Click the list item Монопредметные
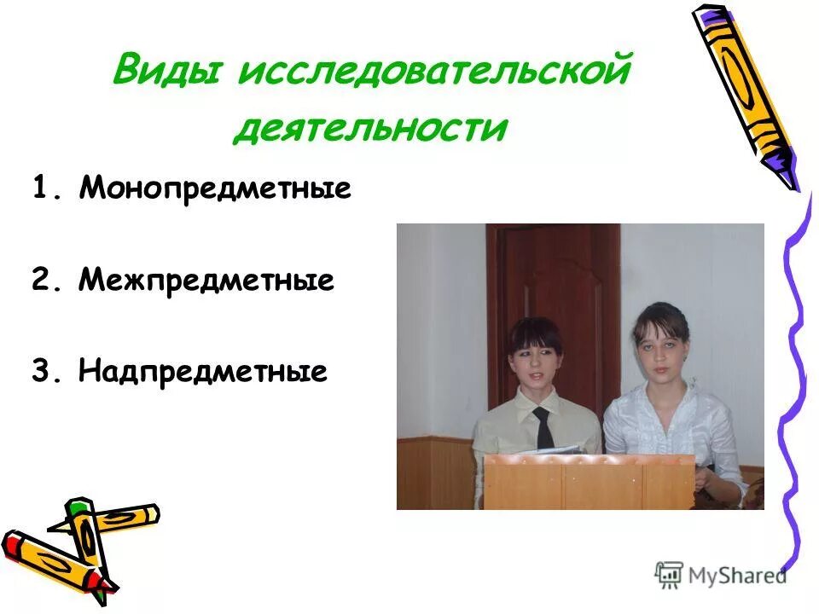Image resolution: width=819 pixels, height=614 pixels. tap(215, 188)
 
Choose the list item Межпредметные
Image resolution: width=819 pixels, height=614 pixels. tap(206, 280)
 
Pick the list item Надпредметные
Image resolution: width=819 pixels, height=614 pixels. tap(203, 371)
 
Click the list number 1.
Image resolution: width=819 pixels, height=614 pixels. tap(44, 188)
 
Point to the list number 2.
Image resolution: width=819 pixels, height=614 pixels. tap(44, 280)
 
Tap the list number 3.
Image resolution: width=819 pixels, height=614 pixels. tap(44, 371)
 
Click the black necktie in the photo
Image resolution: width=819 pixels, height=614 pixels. tap(543, 428)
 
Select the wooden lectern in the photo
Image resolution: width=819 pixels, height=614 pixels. tap(589, 481)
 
